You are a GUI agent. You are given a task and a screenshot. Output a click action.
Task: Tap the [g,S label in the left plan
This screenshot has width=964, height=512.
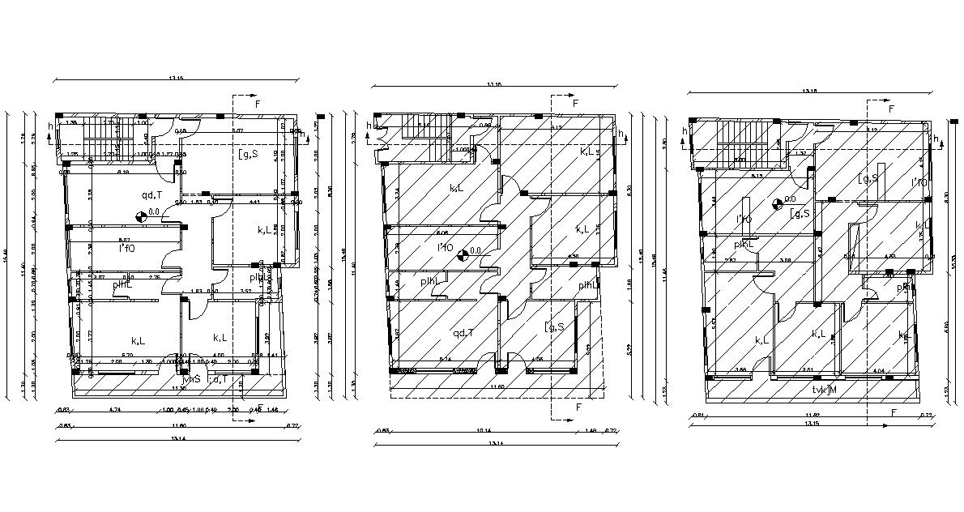click(x=247, y=154)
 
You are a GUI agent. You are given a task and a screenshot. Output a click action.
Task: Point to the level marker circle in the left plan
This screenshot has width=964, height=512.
click(x=142, y=215)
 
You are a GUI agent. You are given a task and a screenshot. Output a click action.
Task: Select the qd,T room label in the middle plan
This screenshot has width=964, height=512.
click(x=463, y=333)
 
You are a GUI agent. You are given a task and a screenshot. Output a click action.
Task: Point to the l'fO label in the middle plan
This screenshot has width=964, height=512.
click(x=445, y=247)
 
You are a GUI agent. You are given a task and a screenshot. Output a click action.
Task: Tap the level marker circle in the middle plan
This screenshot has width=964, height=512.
click(x=463, y=254)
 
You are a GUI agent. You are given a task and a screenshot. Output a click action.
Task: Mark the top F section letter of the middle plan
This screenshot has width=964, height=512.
click(x=575, y=104)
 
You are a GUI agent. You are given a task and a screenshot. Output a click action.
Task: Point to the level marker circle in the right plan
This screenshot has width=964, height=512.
click(x=778, y=203)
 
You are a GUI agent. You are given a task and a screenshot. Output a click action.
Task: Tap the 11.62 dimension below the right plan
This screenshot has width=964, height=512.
click(x=811, y=416)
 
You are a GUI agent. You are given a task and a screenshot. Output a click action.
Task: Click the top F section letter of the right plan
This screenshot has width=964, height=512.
click(x=891, y=108)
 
